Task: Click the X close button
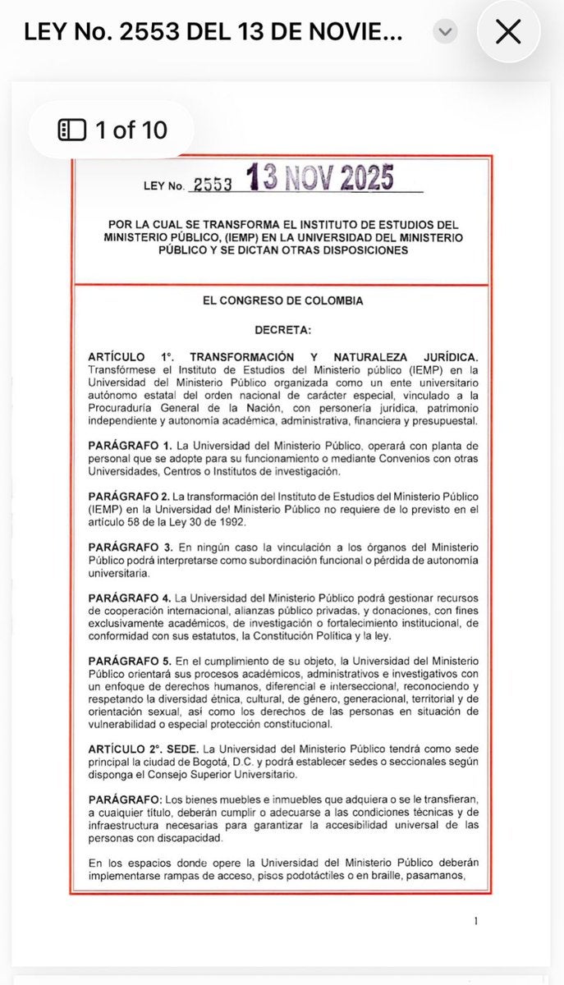(x=508, y=32)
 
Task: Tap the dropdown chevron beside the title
(x=444, y=32)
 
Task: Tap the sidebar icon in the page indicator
(x=71, y=130)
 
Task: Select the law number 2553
(x=210, y=186)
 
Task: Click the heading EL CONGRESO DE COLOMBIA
(x=282, y=300)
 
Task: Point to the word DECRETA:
(x=282, y=329)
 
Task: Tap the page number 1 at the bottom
(x=476, y=920)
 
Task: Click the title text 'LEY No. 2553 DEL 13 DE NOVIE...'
(x=213, y=32)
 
